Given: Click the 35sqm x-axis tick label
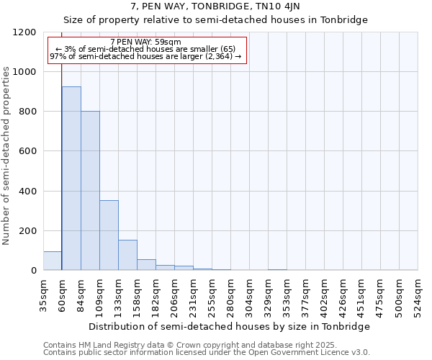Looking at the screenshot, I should (44, 294).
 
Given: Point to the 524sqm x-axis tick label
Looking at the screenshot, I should (418, 294).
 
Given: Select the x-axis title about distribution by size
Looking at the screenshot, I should (230, 326).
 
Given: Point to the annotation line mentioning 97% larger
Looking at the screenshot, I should (146, 56).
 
